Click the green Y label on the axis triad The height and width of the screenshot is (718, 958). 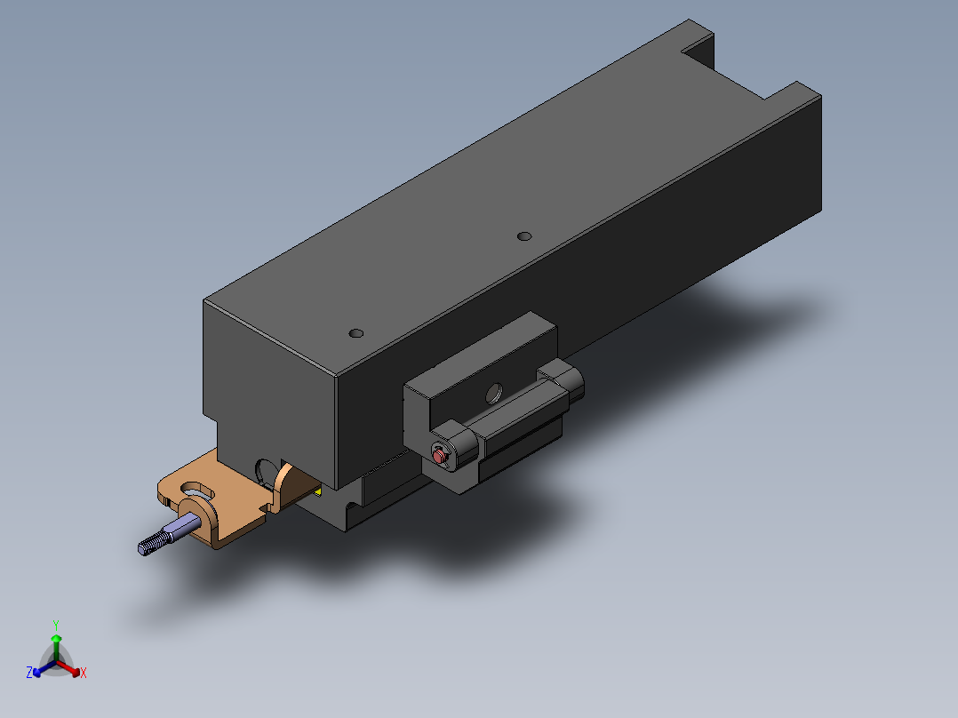56,626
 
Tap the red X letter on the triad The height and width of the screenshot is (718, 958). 84,673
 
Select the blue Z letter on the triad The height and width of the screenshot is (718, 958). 29,672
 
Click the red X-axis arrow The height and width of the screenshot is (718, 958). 68,667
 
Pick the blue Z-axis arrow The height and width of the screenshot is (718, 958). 44,667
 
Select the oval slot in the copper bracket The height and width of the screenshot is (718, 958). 197,491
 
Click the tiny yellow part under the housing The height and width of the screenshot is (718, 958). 318,491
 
